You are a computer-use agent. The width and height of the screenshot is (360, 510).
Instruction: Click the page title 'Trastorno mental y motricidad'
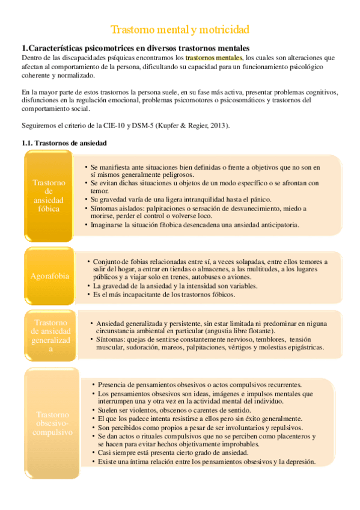[x=180, y=29]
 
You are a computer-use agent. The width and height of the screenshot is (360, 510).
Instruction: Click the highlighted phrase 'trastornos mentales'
[x=213, y=58]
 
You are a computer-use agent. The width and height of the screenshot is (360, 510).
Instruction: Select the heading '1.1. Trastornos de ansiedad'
[x=64, y=143]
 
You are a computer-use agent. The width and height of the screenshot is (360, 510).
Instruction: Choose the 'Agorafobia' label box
[x=49, y=276]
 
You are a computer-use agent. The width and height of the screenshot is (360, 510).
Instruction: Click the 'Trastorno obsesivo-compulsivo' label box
[x=52, y=423]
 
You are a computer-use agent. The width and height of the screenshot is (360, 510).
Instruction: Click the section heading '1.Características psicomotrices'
[x=135, y=48]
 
